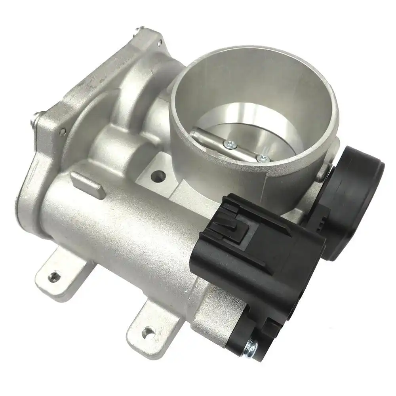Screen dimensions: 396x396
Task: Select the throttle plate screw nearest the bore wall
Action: click(x=262, y=158)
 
